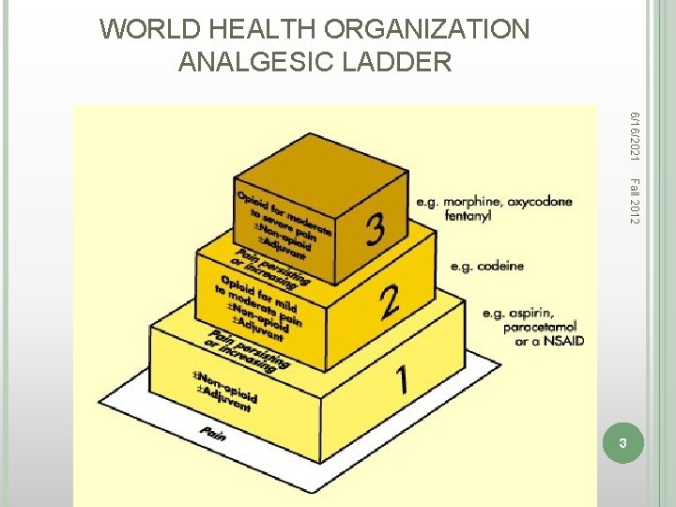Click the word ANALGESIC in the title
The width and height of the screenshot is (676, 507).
coord(251,62)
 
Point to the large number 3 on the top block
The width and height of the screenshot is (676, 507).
coord(375,228)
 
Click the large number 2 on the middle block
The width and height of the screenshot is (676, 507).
coord(390,301)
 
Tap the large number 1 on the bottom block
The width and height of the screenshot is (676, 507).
coord(402,379)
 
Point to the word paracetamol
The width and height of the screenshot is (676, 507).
coord(536,328)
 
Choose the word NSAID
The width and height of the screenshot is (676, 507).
coord(563,341)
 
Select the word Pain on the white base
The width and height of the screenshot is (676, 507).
coord(212,433)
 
